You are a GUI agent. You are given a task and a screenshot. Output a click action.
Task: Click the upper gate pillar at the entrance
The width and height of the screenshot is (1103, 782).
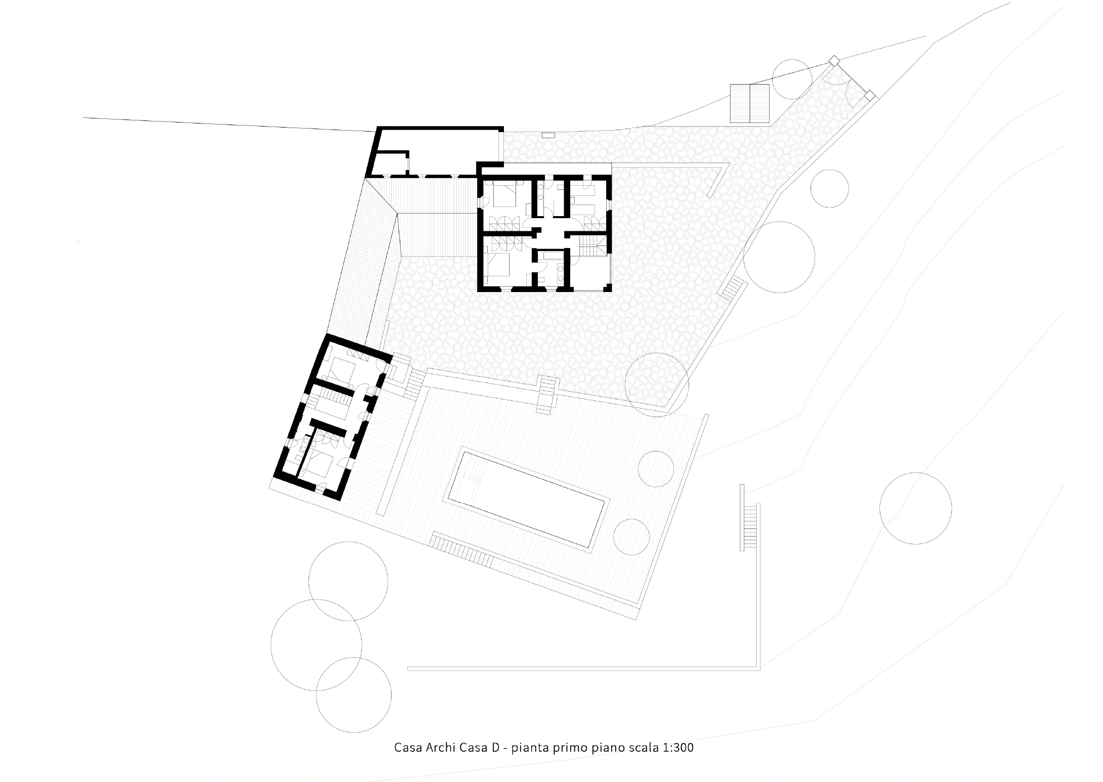click(x=833, y=61)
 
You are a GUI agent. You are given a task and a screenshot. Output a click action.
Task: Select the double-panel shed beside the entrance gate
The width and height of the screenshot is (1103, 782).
click(x=750, y=104)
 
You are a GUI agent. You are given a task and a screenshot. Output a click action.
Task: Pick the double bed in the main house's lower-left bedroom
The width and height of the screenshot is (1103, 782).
click(x=498, y=265)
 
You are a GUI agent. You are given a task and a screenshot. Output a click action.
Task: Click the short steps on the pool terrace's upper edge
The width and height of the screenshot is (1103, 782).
click(x=548, y=395)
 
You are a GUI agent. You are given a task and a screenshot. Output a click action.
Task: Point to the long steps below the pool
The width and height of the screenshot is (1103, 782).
click(x=461, y=552)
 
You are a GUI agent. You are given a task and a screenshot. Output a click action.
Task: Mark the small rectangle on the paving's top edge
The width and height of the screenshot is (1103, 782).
click(x=548, y=135)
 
